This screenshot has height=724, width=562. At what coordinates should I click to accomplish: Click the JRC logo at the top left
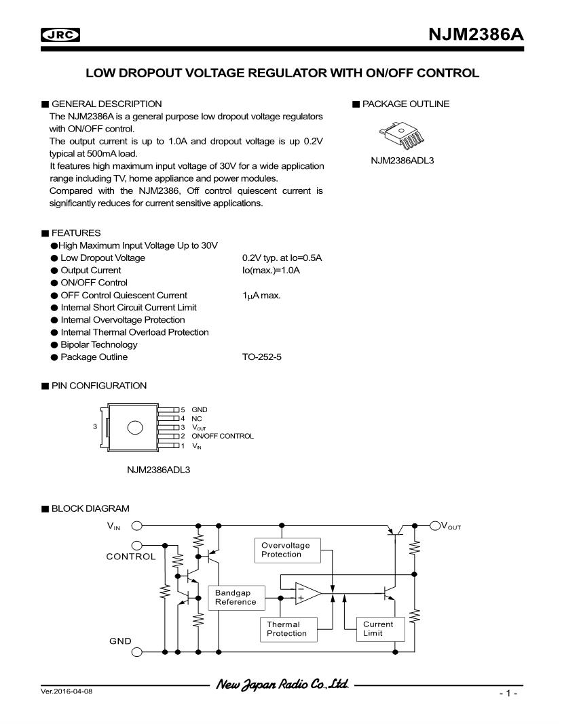(60, 35)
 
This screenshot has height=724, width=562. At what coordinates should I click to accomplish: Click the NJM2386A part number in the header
(476, 35)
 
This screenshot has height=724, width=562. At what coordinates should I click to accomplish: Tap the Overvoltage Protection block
(288, 550)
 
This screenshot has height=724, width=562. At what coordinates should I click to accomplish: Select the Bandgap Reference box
(236, 597)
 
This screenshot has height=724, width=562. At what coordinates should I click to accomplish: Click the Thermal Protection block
(289, 629)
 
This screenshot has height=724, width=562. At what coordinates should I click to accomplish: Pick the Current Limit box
(380, 629)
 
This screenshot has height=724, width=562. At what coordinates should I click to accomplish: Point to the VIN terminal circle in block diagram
(137, 525)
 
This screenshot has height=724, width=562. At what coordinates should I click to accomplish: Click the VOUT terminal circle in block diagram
(435, 525)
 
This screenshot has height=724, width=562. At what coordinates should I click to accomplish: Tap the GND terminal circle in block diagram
(137, 652)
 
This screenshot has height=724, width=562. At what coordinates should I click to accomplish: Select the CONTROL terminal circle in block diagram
(137, 545)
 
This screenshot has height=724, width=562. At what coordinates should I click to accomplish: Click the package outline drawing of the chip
(400, 135)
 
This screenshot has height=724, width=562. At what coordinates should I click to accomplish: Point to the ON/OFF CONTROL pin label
(223, 436)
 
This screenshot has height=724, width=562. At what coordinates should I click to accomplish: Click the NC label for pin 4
(196, 419)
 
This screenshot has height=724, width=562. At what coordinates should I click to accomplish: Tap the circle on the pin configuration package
(135, 428)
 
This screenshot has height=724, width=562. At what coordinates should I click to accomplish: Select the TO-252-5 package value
(261, 357)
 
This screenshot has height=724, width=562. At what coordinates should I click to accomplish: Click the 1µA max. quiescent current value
(261, 296)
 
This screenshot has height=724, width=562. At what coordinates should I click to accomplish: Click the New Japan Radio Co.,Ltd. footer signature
(282, 684)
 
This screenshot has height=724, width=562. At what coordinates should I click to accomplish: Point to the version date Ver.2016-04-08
(67, 691)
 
